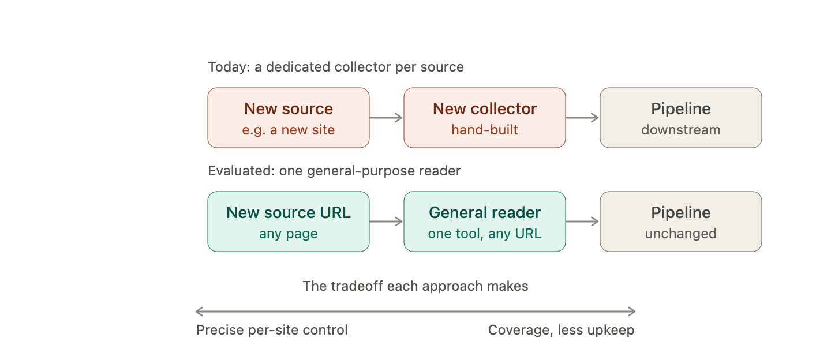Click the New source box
289,118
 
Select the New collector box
485,118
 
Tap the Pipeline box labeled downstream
681,118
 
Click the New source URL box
289,222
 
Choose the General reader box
485,222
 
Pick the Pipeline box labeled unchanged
681,222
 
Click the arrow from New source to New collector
386,118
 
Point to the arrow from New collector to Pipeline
582,118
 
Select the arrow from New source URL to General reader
386,222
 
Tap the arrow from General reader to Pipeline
582,222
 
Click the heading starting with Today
336,67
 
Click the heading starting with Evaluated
334,171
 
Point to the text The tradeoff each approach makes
415,286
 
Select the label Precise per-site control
272,330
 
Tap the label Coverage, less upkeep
561,330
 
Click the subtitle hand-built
485,130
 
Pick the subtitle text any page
289,234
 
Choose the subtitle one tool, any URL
485,234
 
